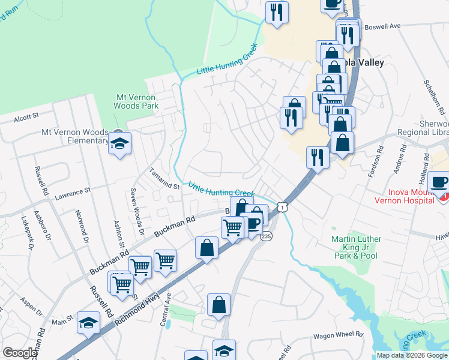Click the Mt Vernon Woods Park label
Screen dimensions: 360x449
click(x=136, y=101)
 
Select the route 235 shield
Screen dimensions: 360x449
click(x=266, y=236)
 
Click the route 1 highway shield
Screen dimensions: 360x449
click(x=282, y=206)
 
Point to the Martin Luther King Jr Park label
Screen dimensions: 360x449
click(x=356, y=243)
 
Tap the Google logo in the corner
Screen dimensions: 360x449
click(x=20, y=353)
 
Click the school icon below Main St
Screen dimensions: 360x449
click(x=88, y=323)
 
